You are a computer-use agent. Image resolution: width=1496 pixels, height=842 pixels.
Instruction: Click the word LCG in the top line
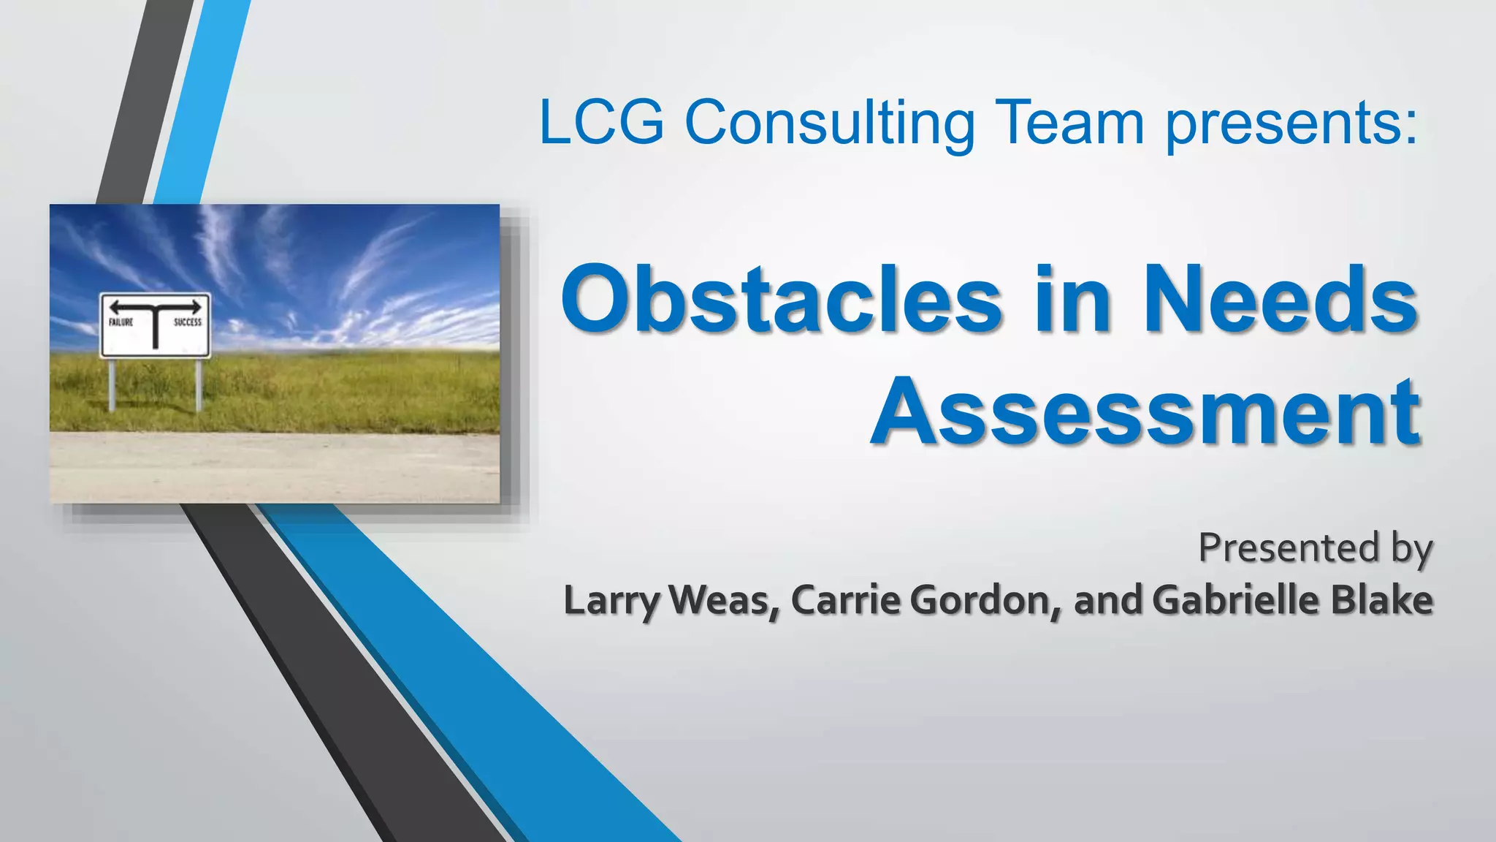point(601,122)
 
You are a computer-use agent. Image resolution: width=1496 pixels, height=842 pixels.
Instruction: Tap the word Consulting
point(829,122)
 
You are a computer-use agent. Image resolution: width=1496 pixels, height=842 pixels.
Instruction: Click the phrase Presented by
point(1315,548)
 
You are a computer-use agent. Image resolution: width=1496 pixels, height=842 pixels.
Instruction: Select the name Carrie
point(846,601)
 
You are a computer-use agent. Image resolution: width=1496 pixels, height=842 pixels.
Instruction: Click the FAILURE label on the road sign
point(121,322)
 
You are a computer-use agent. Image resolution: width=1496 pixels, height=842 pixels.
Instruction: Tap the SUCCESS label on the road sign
point(188,322)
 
